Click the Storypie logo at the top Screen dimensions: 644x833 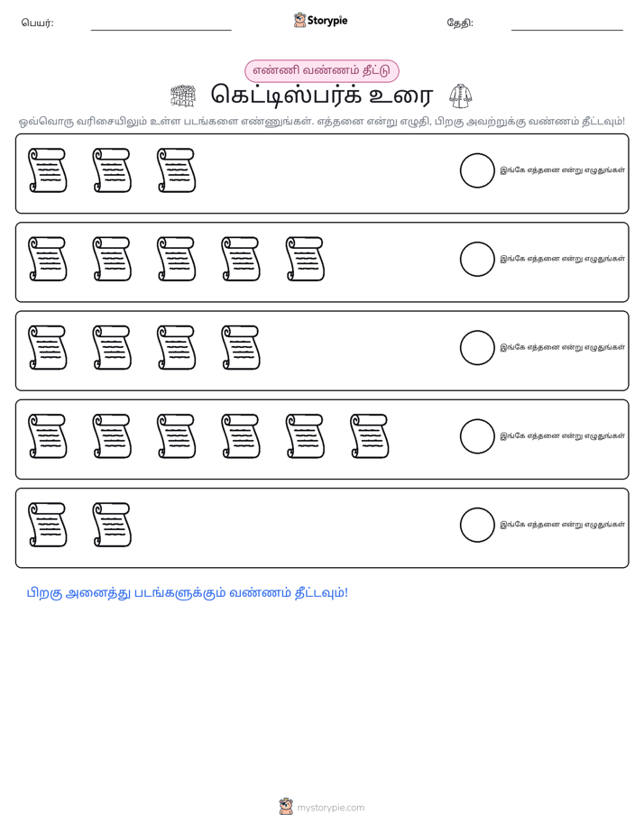(x=320, y=20)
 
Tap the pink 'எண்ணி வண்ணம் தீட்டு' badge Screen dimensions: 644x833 (x=321, y=70)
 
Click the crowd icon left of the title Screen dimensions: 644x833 (x=183, y=96)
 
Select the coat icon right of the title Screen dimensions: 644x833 (x=460, y=96)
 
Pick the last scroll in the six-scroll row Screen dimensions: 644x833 (x=370, y=436)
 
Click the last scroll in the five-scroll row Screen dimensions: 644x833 (x=305, y=259)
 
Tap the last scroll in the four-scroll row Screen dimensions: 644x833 (x=241, y=347)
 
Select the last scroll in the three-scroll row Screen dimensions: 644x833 (x=177, y=170)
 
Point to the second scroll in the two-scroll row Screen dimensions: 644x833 (x=112, y=525)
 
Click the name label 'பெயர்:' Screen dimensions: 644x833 (x=37, y=23)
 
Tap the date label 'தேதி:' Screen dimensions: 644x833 (x=460, y=23)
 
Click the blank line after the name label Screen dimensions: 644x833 (x=161, y=31)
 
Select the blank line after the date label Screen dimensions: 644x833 (x=567, y=31)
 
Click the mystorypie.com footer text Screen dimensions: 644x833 (x=330, y=808)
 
